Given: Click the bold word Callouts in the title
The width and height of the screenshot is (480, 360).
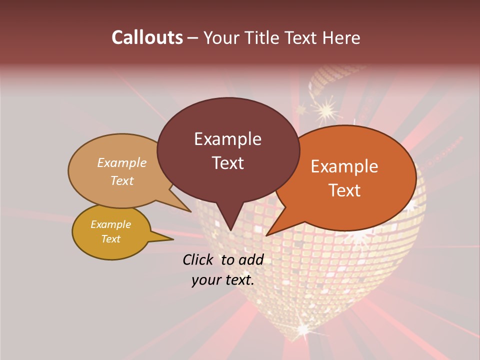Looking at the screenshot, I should coord(147,37).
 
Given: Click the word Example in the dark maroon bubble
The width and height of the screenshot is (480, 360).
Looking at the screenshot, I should coord(227,139).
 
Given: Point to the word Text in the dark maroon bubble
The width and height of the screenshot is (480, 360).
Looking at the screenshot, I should coord(227,163).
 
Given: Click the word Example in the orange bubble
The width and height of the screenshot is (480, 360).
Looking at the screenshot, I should coord(344,166).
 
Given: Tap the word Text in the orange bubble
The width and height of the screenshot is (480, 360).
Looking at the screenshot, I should coord(344,190).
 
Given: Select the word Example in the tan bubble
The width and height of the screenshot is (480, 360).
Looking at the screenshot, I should coord(122,162).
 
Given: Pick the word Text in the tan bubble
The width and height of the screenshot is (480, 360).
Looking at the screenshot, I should coord(122,180).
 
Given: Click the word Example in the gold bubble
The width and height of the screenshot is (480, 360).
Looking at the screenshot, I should coord(110,224).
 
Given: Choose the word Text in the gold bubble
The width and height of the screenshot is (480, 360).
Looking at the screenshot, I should coord(110,239).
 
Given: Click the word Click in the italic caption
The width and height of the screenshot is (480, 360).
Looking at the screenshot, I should coord(198,259).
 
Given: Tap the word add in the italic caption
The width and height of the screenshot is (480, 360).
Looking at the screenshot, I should coord(250,259).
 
